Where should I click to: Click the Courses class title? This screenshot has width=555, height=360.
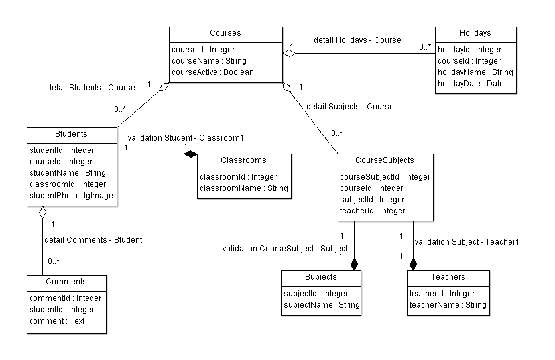pos(225,33)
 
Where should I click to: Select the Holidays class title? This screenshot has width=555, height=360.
pos(475,33)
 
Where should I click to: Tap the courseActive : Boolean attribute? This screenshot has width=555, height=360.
pos(213,72)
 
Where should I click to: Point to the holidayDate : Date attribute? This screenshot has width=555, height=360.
pos(470,84)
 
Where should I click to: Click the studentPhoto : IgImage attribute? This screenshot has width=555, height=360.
pos(71,196)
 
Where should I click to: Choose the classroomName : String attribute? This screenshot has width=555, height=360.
pos(244,188)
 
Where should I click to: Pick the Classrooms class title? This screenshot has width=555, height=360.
pos(243,160)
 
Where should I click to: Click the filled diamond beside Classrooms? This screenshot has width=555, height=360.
pos(190,154)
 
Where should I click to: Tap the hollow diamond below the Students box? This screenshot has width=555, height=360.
pos(43,212)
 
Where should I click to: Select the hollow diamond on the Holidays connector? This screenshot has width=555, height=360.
pos(290,54)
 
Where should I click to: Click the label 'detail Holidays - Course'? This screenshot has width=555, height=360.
pos(357,40)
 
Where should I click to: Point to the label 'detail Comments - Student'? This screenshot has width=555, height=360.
pos(93,240)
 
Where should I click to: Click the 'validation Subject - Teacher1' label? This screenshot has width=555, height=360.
pos(467,242)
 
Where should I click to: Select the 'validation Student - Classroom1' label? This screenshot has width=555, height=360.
pos(186,138)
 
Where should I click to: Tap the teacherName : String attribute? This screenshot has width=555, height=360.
pos(448,305)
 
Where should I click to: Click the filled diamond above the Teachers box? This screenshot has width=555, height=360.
pos(413,264)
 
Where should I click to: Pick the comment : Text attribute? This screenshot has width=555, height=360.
pos(56,321)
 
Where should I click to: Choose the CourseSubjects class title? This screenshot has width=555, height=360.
pos(385,160)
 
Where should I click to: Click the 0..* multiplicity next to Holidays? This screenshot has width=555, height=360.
pos(425,46)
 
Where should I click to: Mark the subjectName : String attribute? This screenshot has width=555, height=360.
pos(322,305)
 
